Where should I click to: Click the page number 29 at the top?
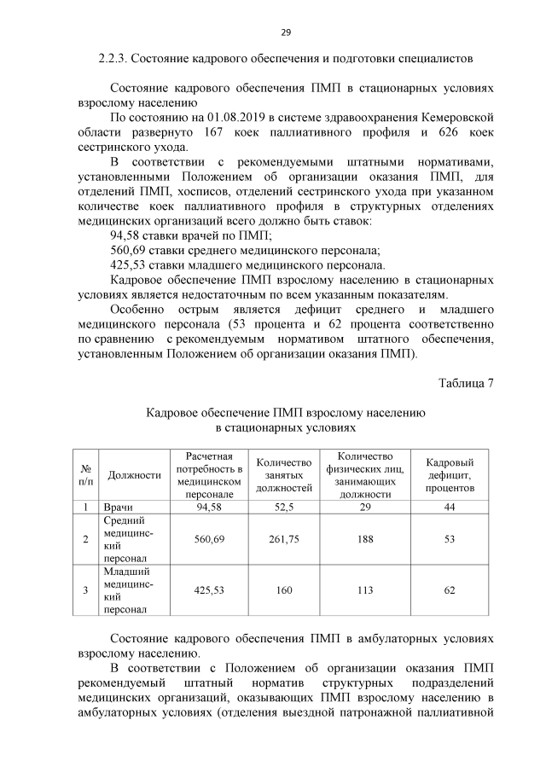[x=286, y=32]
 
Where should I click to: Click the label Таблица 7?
[x=466, y=381]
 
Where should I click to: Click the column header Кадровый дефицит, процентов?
[x=450, y=475]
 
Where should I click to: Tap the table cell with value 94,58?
[x=209, y=507]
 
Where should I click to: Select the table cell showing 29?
[x=365, y=507]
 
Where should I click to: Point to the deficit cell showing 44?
[x=450, y=507]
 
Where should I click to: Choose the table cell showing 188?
[x=365, y=539]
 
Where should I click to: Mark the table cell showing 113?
[x=365, y=589]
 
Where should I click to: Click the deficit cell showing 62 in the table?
[x=450, y=589]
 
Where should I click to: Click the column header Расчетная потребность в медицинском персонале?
[x=209, y=475]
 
